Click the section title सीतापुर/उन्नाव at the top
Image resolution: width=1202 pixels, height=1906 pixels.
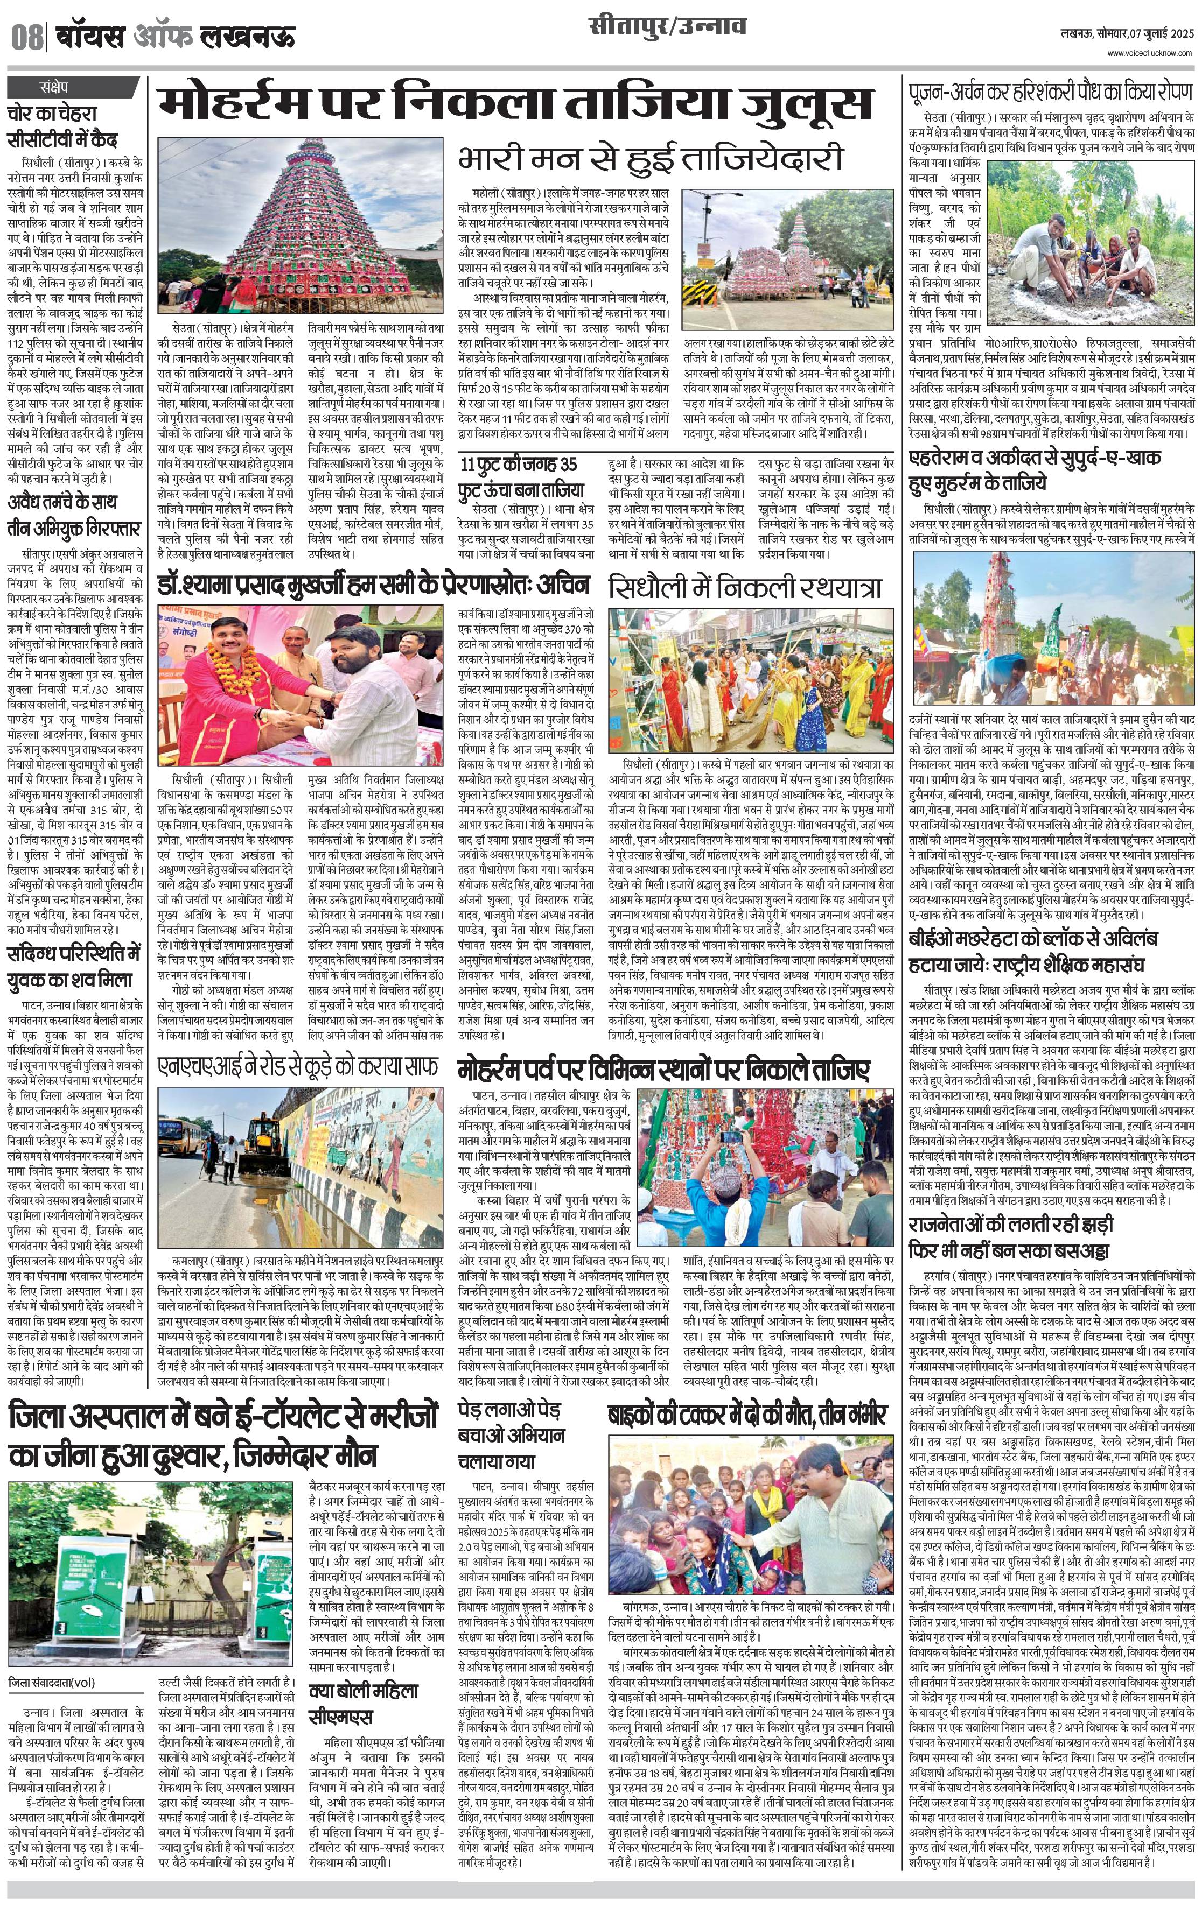667,27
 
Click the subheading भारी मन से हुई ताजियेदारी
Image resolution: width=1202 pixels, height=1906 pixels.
649,158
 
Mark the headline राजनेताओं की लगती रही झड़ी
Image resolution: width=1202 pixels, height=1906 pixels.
1010,1225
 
